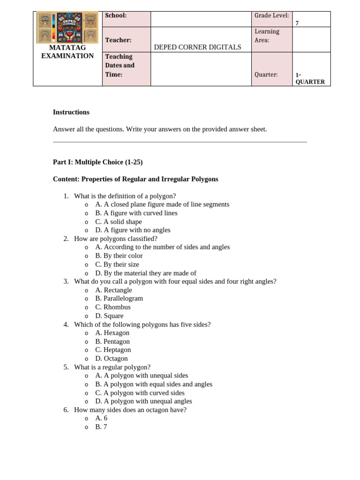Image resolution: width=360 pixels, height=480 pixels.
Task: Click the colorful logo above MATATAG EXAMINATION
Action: pyautogui.click(x=67, y=28)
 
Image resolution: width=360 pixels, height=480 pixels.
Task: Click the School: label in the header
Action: pyautogui.click(x=116, y=15)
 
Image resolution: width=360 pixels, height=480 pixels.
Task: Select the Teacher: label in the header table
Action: pyautogui.click(x=118, y=40)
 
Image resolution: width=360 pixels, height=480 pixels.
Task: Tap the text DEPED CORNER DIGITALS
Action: pyautogui.click(x=197, y=47)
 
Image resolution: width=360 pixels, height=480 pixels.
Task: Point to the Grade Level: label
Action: pyautogui.click(x=271, y=15)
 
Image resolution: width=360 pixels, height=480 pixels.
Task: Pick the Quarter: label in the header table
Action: pyautogui.click(x=266, y=74)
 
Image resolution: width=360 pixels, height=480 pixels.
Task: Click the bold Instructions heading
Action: pyautogui.click(x=71, y=112)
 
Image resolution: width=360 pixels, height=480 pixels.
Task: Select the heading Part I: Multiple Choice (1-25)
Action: pyautogui.click(x=97, y=162)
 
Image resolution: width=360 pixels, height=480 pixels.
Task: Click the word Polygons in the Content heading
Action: pyautogui.click(x=205, y=179)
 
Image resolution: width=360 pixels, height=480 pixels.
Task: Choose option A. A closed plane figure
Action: pyautogui.click(x=162, y=204)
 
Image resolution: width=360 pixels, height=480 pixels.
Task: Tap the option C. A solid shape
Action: pyautogui.click(x=118, y=222)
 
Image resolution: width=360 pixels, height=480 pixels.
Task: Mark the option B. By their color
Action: pyautogui.click(x=119, y=256)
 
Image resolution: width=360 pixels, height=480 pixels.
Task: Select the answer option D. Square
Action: pyautogui.click(x=109, y=316)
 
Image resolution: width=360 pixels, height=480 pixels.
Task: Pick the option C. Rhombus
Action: pyautogui.click(x=112, y=307)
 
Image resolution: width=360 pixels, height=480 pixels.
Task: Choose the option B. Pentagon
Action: pyautogui.click(x=112, y=342)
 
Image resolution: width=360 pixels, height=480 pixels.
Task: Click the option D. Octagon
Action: pyautogui.click(x=111, y=359)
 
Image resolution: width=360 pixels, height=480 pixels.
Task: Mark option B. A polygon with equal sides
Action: pyautogui.click(x=154, y=384)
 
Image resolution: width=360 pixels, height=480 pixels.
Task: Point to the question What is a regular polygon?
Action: pyautogui.click(x=112, y=367)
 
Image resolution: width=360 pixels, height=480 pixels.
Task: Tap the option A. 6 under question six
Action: pyautogui.click(x=101, y=418)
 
